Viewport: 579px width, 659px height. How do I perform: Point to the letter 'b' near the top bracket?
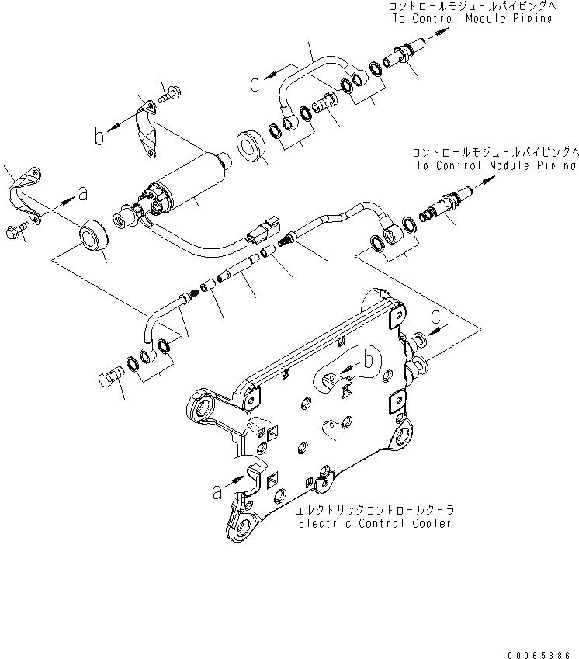[99, 137]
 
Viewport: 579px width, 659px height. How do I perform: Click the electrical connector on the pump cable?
[263, 231]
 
